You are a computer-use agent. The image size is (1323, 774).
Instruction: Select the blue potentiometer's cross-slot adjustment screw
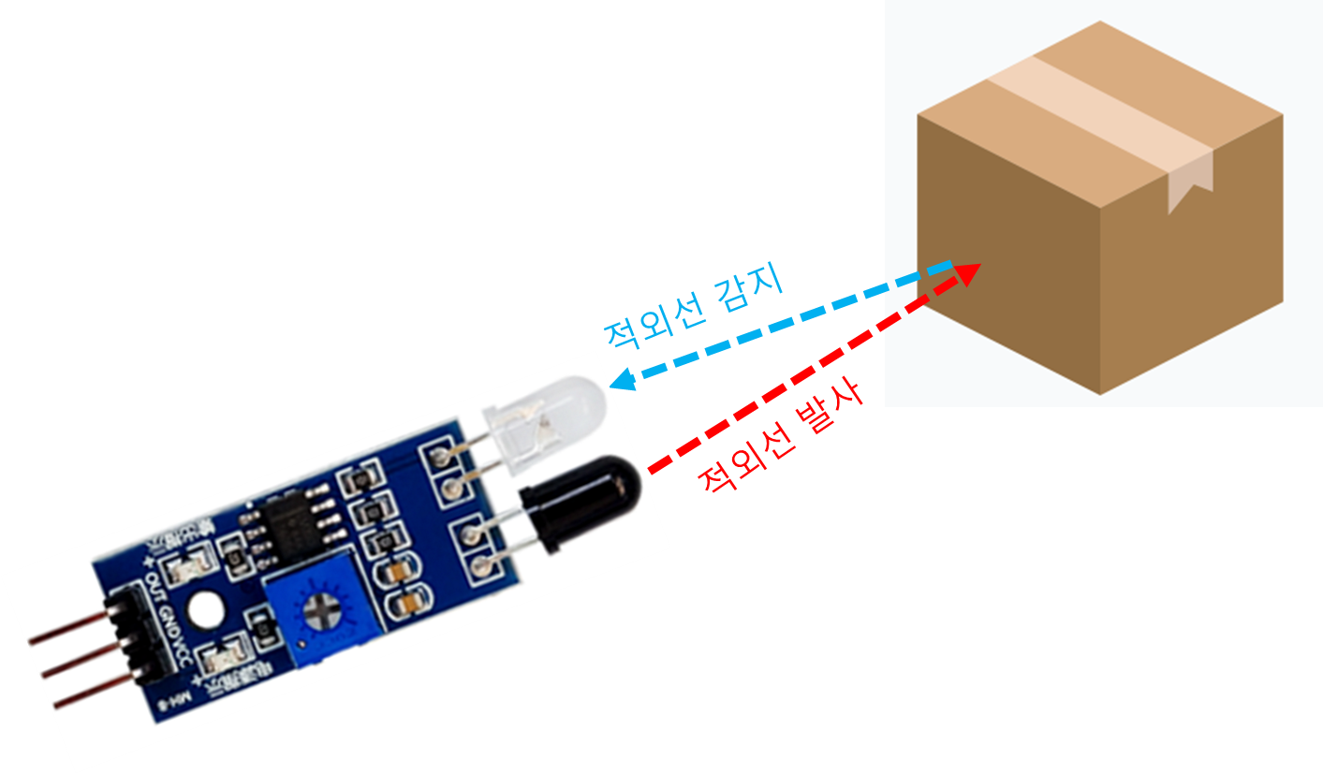(x=321, y=612)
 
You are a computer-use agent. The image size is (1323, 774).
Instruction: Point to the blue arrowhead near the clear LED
(x=621, y=379)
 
